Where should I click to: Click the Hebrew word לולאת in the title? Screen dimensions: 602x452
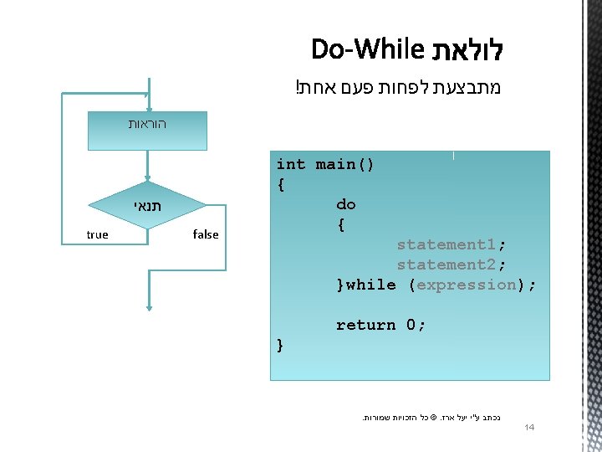tap(466, 49)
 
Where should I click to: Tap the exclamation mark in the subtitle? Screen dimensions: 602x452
tap(298, 88)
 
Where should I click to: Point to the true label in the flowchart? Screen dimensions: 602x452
tap(97, 234)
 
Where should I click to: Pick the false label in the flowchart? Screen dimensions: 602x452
tap(205, 234)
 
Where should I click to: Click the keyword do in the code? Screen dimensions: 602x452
tap(345, 204)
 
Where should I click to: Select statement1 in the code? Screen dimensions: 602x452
tap(447, 244)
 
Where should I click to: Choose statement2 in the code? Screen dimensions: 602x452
tap(447, 265)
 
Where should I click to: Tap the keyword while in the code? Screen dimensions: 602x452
tap(371, 285)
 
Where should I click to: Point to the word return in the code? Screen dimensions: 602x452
tap(365, 325)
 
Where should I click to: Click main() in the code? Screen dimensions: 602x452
tap(344, 164)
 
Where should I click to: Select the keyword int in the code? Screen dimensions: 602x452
tap(290, 164)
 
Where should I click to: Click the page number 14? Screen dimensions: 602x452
tap(528, 429)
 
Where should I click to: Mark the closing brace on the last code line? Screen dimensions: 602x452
tap(280, 345)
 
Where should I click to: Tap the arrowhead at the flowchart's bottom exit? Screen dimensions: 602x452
tap(147, 309)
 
